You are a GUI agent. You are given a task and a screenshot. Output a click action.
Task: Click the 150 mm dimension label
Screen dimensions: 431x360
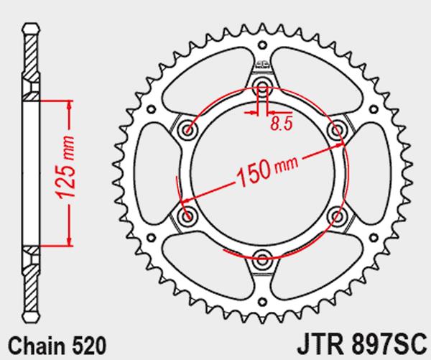pyautogui.click(x=267, y=171)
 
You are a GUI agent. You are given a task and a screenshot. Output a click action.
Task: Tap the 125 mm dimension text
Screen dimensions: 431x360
pyautogui.click(x=65, y=167)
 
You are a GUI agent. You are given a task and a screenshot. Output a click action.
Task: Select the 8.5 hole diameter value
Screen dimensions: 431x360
pyautogui.click(x=281, y=124)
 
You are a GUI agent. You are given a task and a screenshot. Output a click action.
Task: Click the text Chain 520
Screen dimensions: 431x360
pyautogui.click(x=57, y=345)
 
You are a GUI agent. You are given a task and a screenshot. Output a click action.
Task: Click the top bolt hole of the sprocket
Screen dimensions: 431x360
pyautogui.click(x=262, y=85)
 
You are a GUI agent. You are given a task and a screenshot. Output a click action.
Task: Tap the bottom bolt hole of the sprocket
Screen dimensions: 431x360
pyautogui.click(x=262, y=259)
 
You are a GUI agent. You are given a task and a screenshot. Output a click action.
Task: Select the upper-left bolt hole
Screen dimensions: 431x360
pyautogui.click(x=187, y=129)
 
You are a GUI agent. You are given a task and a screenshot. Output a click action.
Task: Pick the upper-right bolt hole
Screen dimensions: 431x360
pyautogui.click(x=338, y=129)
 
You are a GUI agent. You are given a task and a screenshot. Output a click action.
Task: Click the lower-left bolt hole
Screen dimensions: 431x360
pyautogui.click(x=187, y=215)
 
